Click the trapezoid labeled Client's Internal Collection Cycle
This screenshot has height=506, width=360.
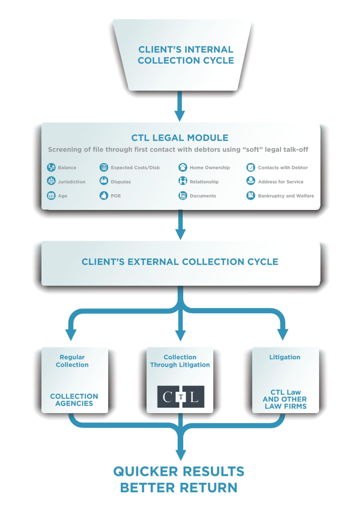click(x=185, y=55)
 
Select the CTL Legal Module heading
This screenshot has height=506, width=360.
click(x=179, y=138)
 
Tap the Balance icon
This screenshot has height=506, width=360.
click(x=51, y=168)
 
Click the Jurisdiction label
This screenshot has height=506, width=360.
click(x=72, y=182)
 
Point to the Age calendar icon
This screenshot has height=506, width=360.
click(x=51, y=196)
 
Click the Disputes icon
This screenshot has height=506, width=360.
click(x=104, y=181)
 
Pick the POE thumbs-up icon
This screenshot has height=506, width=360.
click(x=104, y=196)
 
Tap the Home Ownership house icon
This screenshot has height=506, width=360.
click(x=182, y=168)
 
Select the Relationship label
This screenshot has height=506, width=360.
click(x=204, y=182)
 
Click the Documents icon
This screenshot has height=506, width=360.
click(x=182, y=196)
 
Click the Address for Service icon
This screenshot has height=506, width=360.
click(x=250, y=181)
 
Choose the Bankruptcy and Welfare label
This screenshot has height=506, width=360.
click(x=285, y=196)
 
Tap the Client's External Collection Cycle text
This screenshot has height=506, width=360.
click(x=180, y=261)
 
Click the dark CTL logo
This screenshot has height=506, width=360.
click(x=180, y=396)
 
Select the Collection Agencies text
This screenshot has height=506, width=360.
click(x=74, y=400)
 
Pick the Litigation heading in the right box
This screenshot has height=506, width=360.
click(x=284, y=357)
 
